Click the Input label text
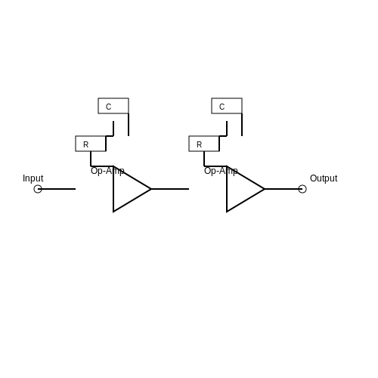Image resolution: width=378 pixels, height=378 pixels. click(33, 178)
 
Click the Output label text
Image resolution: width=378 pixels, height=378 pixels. click(324, 178)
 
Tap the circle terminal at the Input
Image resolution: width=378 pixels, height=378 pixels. click(38, 189)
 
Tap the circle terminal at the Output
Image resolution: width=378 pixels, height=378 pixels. click(302, 189)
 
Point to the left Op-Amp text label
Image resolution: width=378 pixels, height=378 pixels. click(107, 171)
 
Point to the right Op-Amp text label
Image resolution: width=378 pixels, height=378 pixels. click(221, 171)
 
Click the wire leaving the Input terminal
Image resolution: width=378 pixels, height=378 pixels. click(57, 189)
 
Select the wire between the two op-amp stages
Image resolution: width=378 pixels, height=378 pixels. click(170, 189)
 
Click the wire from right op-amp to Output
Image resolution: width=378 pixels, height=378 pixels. click(283, 189)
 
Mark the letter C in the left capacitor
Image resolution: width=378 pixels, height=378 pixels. click(109, 107)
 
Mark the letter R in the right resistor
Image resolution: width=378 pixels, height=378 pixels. click(200, 144)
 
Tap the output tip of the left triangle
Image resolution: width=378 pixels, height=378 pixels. click(151, 189)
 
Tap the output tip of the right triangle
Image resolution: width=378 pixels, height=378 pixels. click(265, 189)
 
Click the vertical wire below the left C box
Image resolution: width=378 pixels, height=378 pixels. click(129, 125)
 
